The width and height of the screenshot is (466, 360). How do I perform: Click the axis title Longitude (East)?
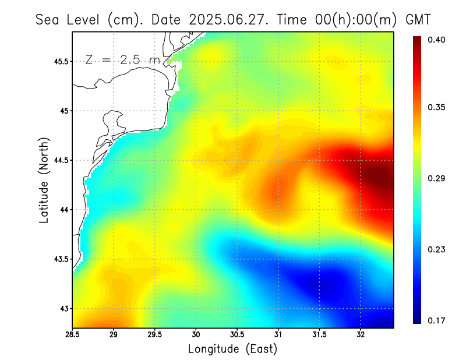[232, 349]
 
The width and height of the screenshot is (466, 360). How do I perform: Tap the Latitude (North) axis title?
[44, 179]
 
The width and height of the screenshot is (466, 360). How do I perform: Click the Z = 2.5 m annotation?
[122, 59]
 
